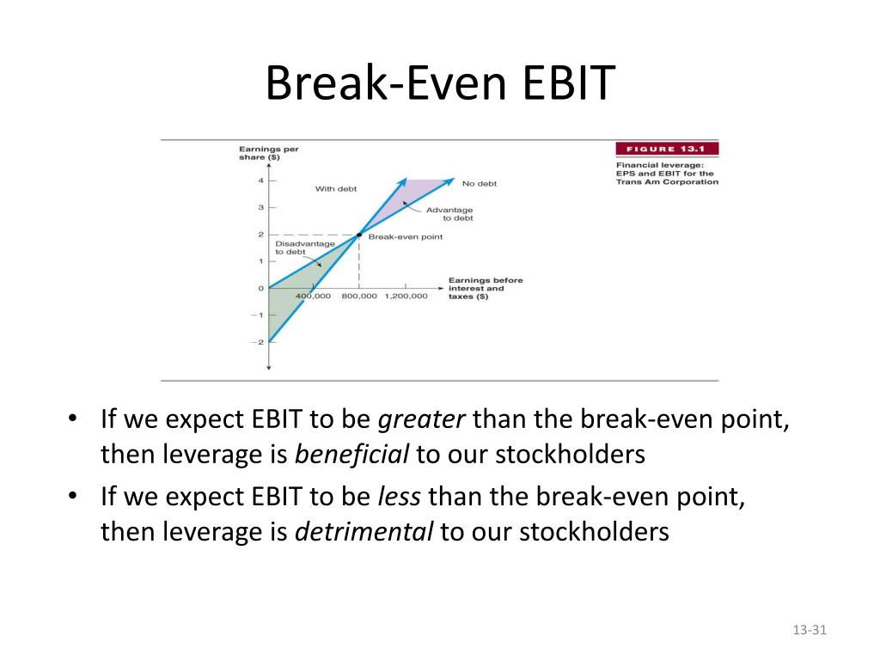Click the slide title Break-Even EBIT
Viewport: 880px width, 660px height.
[440, 82]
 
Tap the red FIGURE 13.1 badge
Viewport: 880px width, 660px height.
[667, 149]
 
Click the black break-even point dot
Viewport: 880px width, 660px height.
[359, 235]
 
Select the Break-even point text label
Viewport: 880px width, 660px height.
[406, 237]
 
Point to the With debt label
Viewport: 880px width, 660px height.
[336, 188]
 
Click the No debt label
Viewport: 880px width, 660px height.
[480, 184]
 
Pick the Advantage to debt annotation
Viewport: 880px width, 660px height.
[449, 214]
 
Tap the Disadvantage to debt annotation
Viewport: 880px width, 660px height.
[305, 247]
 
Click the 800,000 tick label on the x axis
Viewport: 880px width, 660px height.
[359, 296]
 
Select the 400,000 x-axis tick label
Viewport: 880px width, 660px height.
[313, 296]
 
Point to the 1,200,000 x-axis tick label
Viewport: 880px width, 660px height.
[406, 296]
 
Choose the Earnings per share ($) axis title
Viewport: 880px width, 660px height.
[268, 153]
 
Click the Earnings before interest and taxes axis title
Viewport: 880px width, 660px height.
[486, 288]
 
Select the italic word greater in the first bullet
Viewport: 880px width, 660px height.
[421, 419]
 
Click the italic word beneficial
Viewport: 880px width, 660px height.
[351, 454]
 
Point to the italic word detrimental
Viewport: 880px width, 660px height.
[364, 531]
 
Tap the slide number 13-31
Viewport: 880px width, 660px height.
[810, 630]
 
